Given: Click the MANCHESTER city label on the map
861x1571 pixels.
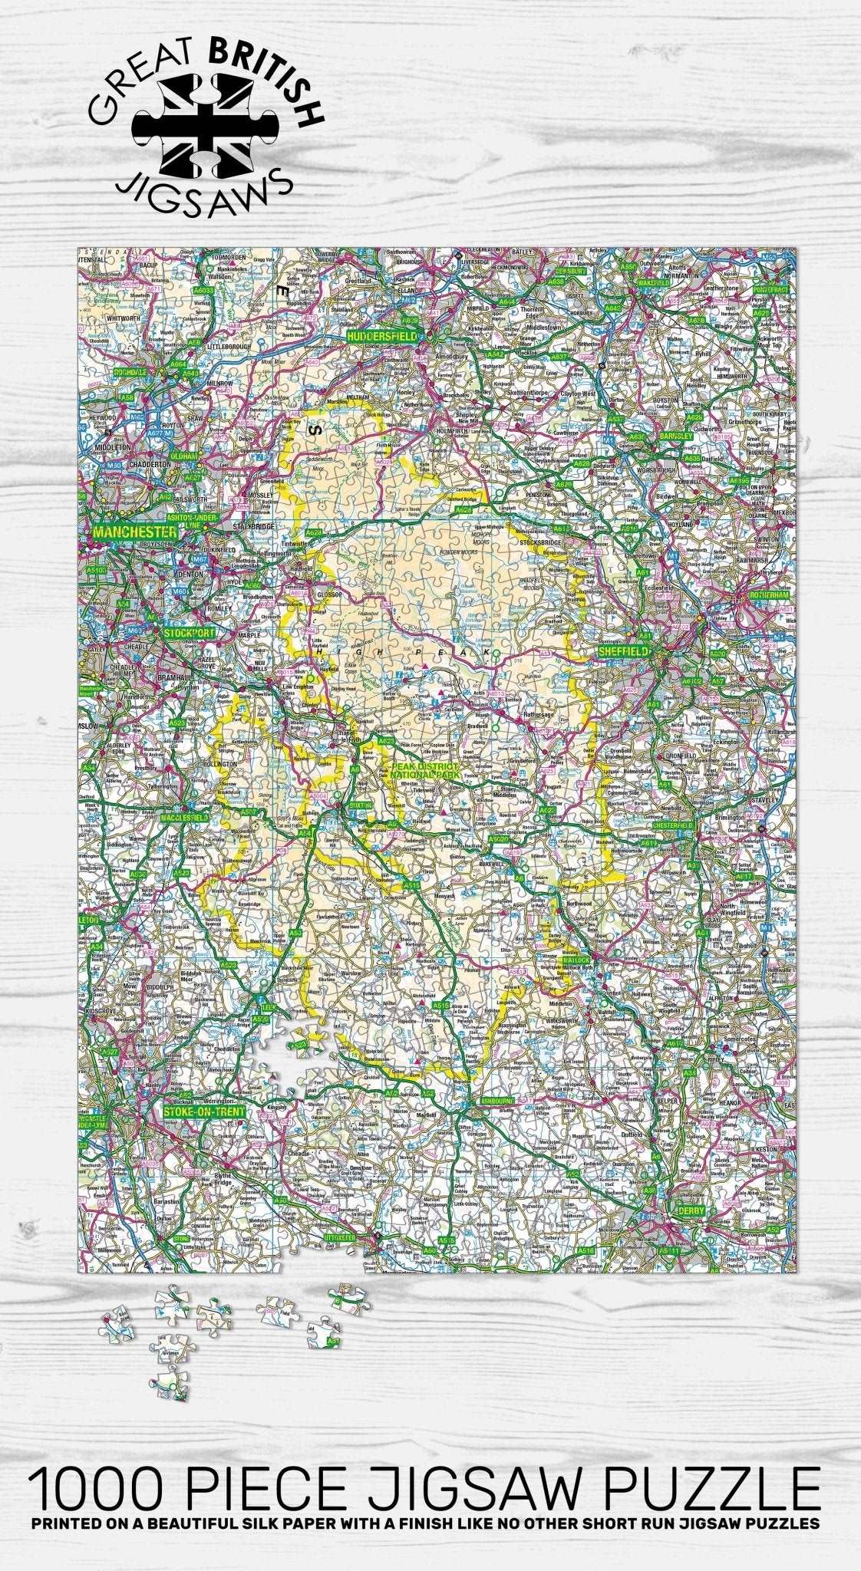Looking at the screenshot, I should click(134, 531).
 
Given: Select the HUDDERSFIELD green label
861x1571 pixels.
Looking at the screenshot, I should click(382, 336).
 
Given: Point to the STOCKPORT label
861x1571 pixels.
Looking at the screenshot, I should click(189, 634).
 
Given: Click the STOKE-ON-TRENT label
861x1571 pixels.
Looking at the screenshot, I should click(203, 1112).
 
